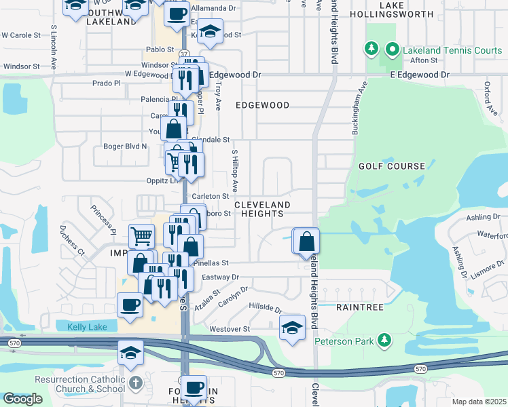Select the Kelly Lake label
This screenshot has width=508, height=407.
tap(87, 327)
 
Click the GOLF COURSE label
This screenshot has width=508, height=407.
tap(393, 166)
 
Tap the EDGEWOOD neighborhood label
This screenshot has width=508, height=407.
tap(262, 105)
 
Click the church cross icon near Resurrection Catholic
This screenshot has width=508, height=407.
tap(136, 383)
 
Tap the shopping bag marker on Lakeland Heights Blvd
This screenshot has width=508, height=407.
tap(306, 240)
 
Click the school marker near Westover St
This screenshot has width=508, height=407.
tap(292, 327)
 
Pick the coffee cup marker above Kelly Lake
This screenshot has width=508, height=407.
tap(130, 304)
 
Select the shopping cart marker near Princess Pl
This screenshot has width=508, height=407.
tap(141, 236)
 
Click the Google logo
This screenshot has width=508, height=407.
tap(22, 399)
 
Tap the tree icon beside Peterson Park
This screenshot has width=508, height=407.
tap(385, 338)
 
